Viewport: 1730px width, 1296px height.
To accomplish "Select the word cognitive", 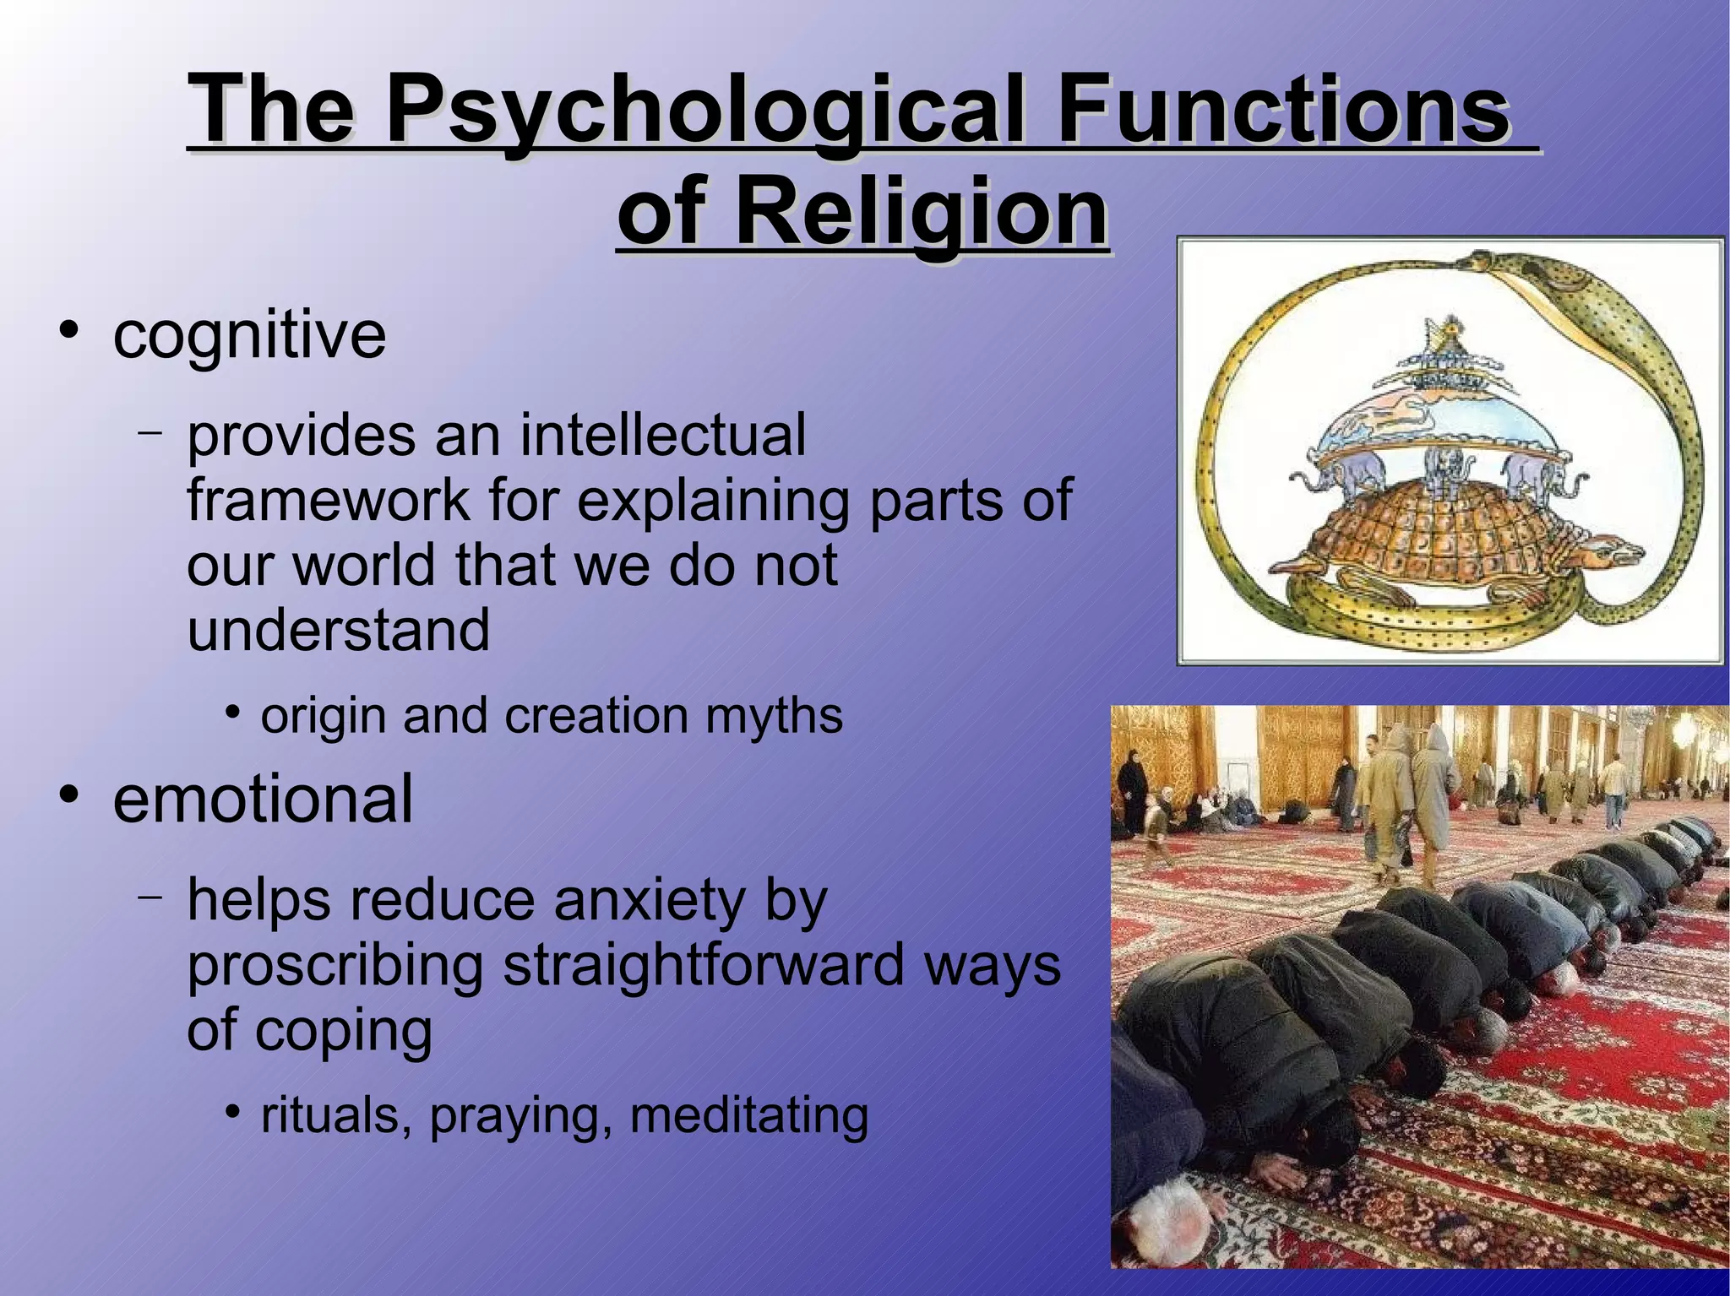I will (x=249, y=335).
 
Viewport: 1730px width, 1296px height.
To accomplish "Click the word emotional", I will (x=263, y=799).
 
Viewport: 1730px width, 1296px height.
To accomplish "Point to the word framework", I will (x=329, y=500).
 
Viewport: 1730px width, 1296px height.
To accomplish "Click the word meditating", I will (x=748, y=1115).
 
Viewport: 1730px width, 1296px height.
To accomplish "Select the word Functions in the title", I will (x=1283, y=112).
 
